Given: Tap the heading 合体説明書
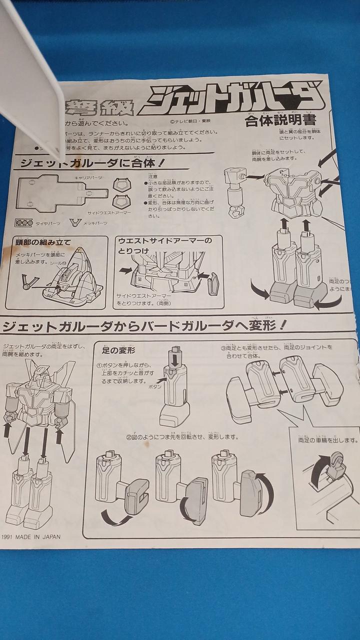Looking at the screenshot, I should click(x=279, y=121).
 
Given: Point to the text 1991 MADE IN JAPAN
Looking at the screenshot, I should click(x=31, y=537).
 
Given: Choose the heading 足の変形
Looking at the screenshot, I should click(x=119, y=350).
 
